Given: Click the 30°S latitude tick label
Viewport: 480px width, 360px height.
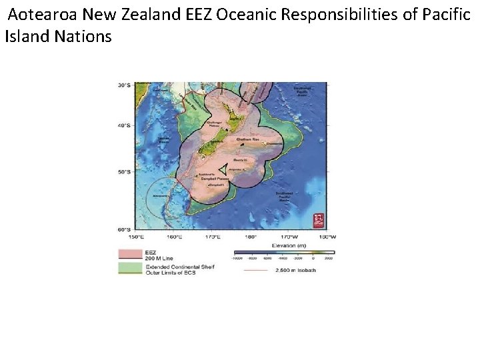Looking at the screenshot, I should coord(124,85).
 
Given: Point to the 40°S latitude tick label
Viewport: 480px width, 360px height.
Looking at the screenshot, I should coord(124,125).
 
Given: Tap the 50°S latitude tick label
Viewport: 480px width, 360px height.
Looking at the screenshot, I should coord(124,171).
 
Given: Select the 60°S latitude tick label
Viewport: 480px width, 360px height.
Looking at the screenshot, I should coord(124,229).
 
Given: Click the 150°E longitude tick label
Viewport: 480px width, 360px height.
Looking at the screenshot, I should coord(135,236).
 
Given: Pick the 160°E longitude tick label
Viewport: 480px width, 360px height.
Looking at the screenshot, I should coord(174,236).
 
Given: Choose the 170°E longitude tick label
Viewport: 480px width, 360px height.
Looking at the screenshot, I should coord(213,236).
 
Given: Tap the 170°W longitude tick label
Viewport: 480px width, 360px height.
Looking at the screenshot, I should coord(289,236).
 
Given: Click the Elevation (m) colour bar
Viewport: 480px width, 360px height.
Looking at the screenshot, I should coord(283,253).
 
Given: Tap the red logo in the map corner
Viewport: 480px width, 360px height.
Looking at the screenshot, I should coord(319,219).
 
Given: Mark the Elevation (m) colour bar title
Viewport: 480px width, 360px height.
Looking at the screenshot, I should coord(283,244).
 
